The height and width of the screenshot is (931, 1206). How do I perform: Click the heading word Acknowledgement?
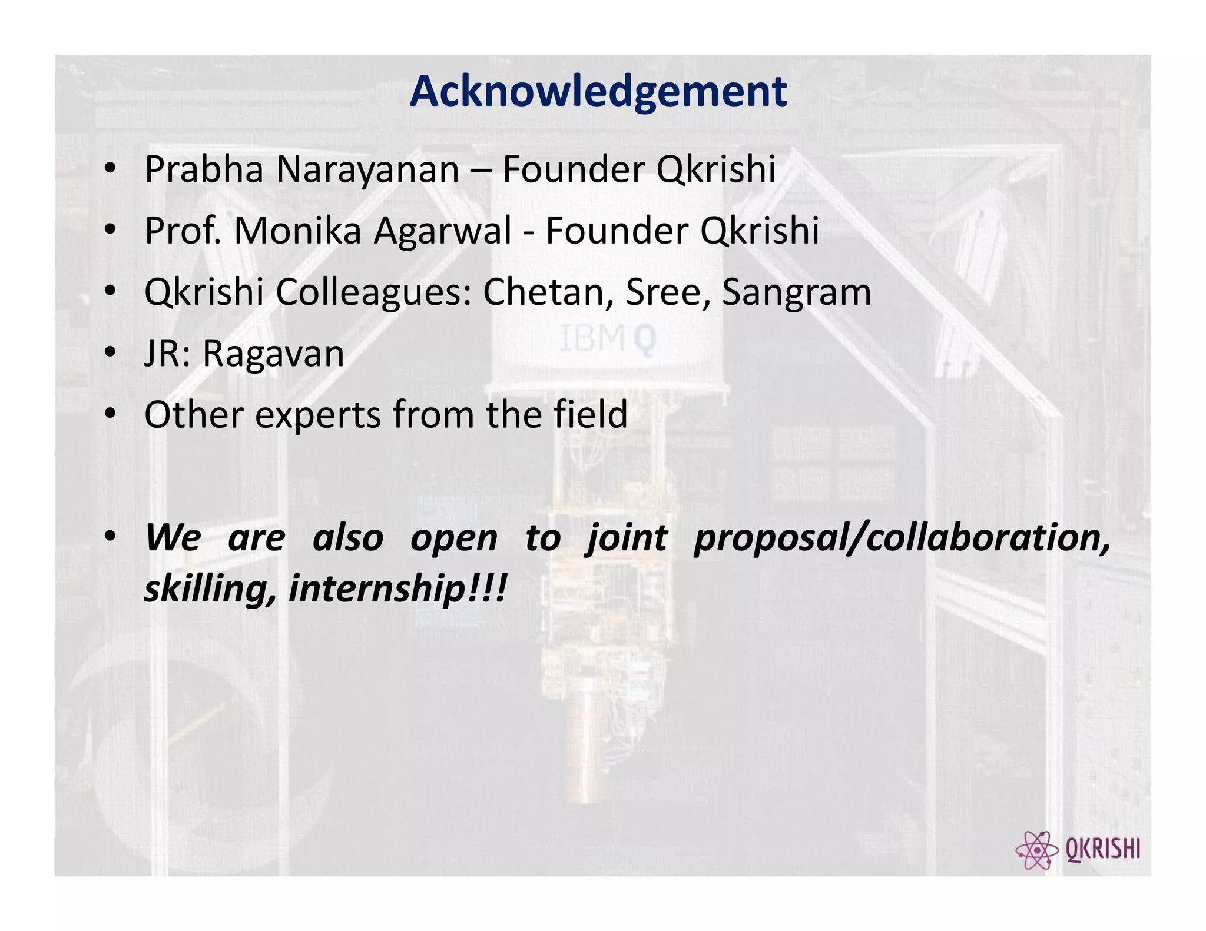[598, 92]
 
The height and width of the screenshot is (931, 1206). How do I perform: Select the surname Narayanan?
[367, 170]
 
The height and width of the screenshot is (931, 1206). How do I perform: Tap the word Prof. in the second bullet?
[183, 231]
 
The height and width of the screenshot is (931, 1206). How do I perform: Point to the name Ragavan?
[273, 354]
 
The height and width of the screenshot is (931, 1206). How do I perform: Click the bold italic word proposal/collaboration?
[902, 538]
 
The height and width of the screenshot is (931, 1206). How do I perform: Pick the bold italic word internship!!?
[397, 588]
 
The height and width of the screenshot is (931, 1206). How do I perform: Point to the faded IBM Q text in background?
[607, 339]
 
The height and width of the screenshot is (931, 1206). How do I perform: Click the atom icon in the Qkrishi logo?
[1036, 850]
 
